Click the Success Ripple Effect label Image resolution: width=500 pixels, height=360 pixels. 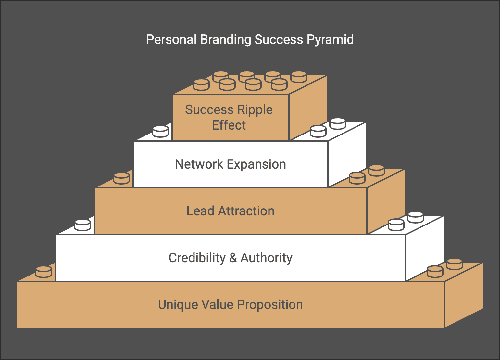(x=229, y=117)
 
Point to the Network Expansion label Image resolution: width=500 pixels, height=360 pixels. (x=231, y=164)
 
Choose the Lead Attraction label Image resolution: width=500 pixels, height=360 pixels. (x=231, y=211)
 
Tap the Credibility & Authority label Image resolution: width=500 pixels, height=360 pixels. (x=231, y=258)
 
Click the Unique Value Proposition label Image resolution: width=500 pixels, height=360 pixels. (x=231, y=305)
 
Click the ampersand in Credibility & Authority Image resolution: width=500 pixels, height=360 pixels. (x=233, y=258)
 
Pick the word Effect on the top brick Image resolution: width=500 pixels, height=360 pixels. (x=229, y=125)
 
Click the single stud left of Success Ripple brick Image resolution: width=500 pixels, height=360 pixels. (x=160, y=132)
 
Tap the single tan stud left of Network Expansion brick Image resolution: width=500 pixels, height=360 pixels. (x=121, y=178)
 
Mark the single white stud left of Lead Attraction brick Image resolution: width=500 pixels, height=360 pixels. (x=82, y=225)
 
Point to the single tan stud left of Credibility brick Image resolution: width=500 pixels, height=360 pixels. (x=44, y=272)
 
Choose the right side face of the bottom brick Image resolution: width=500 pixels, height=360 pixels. (x=464, y=296)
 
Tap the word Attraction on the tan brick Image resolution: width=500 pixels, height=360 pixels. (x=246, y=211)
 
